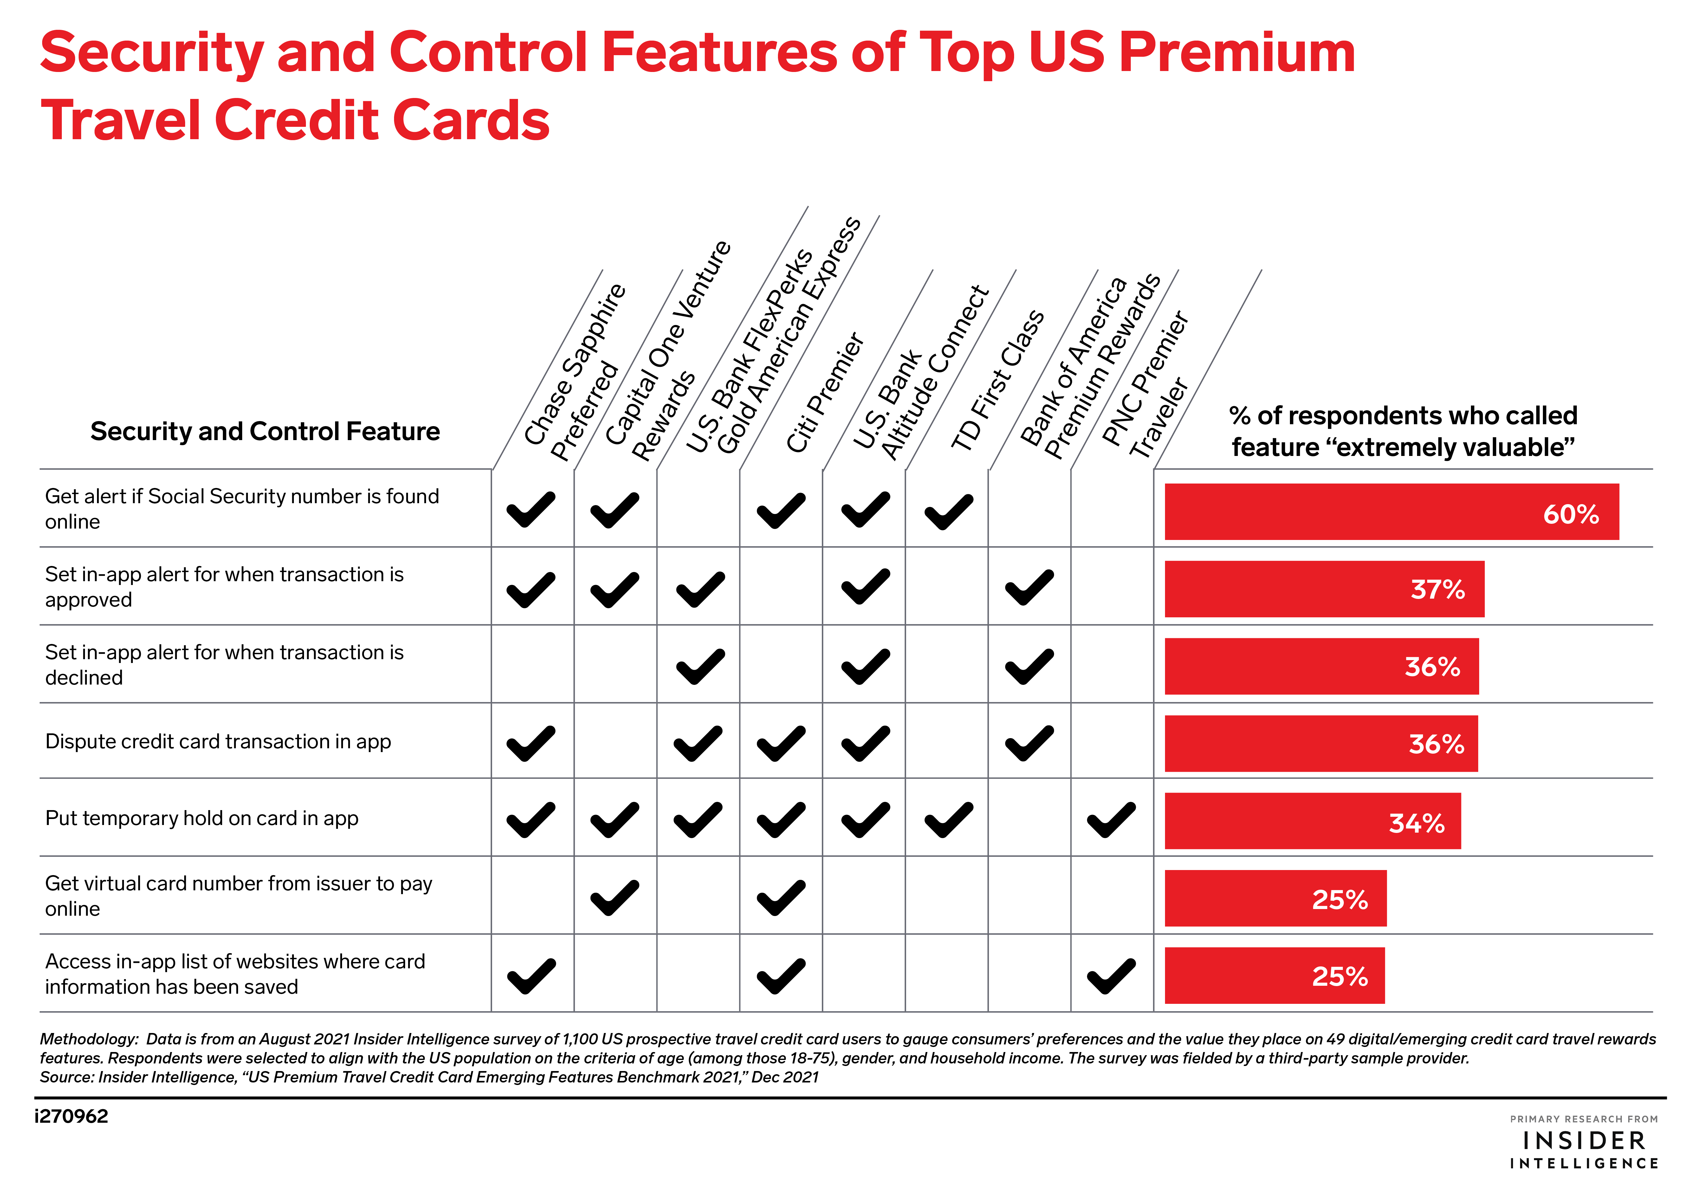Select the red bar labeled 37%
[x=1324, y=589]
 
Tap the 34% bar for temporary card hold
[x=1312, y=821]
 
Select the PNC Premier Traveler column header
[x=1145, y=384]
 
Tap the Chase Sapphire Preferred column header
[x=575, y=373]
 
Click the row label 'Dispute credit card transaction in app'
[x=218, y=741]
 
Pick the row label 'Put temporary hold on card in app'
[x=202, y=818]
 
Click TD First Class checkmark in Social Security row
[x=948, y=511]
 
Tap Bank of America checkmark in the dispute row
[x=1029, y=743]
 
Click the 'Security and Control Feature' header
[x=264, y=431]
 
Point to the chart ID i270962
[x=72, y=1116]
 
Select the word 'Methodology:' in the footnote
[x=89, y=1039]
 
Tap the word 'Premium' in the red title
[x=1237, y=53]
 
